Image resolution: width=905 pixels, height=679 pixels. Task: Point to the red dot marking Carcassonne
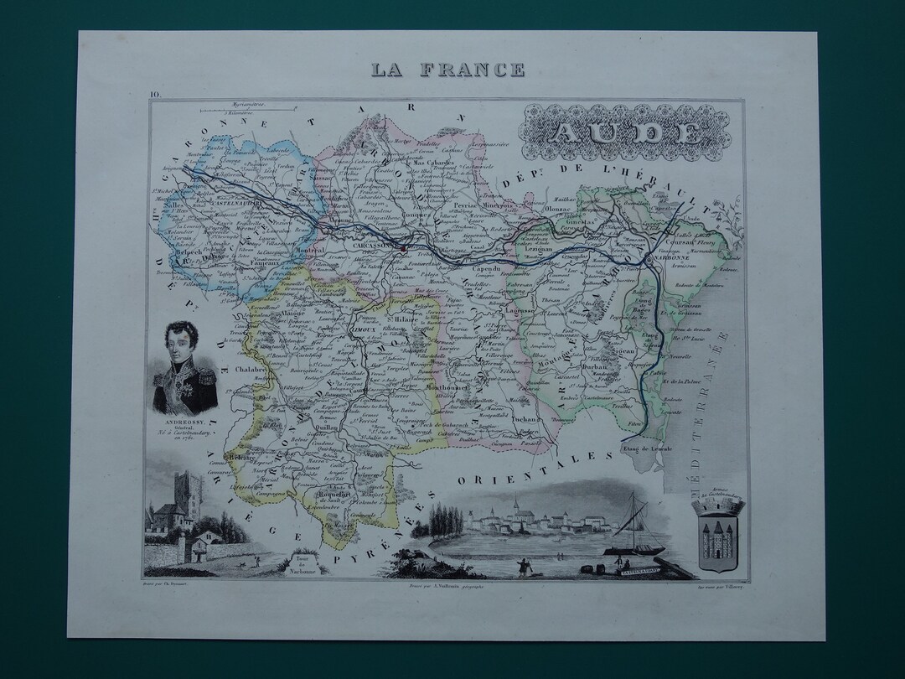click(403, 247)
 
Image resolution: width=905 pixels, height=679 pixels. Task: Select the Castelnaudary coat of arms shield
click(715, 536)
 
